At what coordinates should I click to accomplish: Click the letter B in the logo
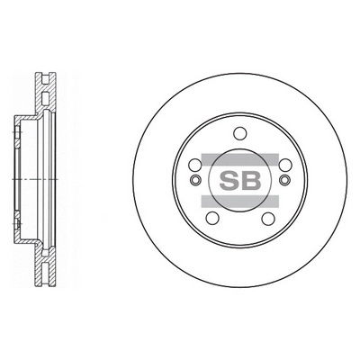coord(252,179)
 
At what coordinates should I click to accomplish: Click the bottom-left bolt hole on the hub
coord(212,218)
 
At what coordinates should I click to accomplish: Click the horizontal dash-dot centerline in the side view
coord(27,179)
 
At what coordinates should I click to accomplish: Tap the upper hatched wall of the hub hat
coord(27,118)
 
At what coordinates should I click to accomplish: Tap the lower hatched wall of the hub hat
coord(27,240)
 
